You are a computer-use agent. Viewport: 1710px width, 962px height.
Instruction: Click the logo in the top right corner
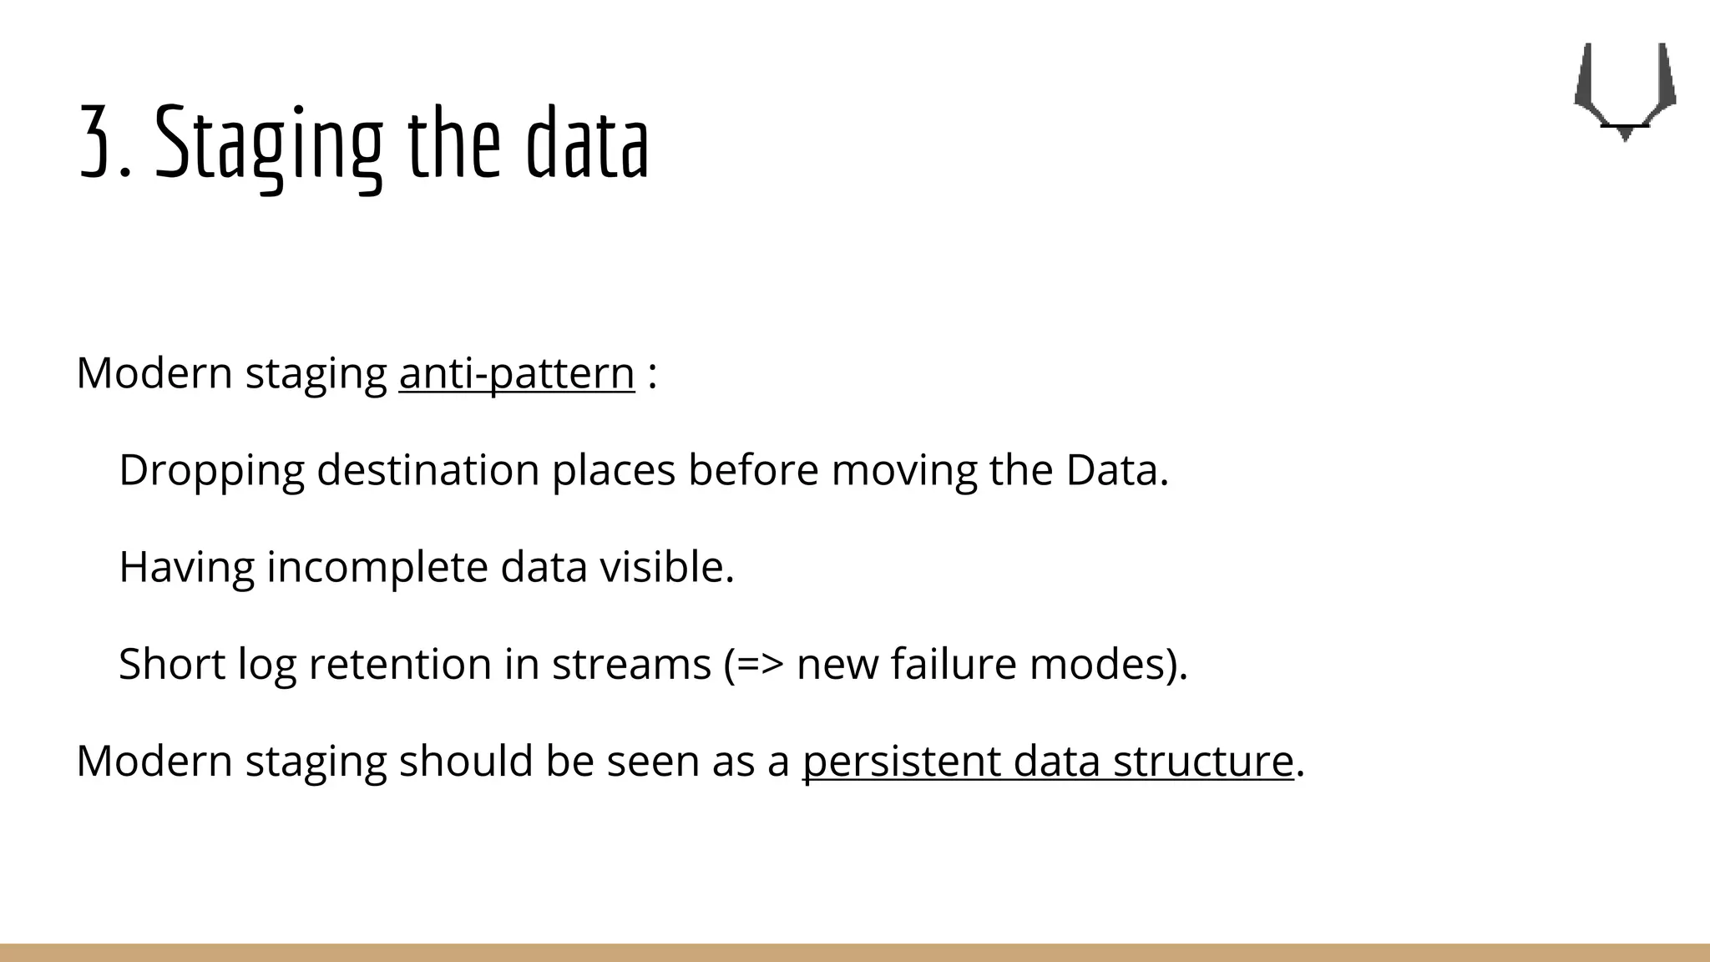1624,90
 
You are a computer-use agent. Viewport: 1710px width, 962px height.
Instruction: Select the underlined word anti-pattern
517,373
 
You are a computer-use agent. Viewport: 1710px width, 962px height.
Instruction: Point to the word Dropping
211,470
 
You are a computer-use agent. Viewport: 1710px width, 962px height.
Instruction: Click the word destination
427,470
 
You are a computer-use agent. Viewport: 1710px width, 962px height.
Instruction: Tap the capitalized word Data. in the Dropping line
1116,470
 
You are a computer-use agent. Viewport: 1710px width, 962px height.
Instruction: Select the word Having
186,567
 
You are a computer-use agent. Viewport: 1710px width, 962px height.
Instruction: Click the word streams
630,665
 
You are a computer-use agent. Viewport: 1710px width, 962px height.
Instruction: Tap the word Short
172,665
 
